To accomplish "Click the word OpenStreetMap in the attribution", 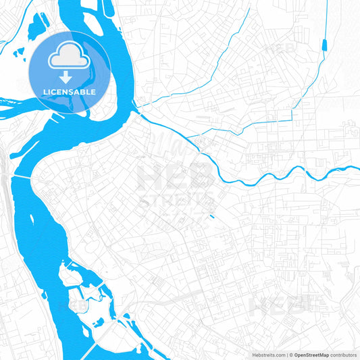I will tap(311, 355).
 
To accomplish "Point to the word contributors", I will tap(344, 355).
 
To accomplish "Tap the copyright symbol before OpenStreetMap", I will tap(291, 355).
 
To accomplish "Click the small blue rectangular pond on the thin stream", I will tap(326, 45).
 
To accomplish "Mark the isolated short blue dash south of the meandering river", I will tap(212, 217).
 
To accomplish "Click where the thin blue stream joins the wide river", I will tap(136, 105).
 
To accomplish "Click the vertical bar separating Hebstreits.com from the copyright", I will tap(288, 355).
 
